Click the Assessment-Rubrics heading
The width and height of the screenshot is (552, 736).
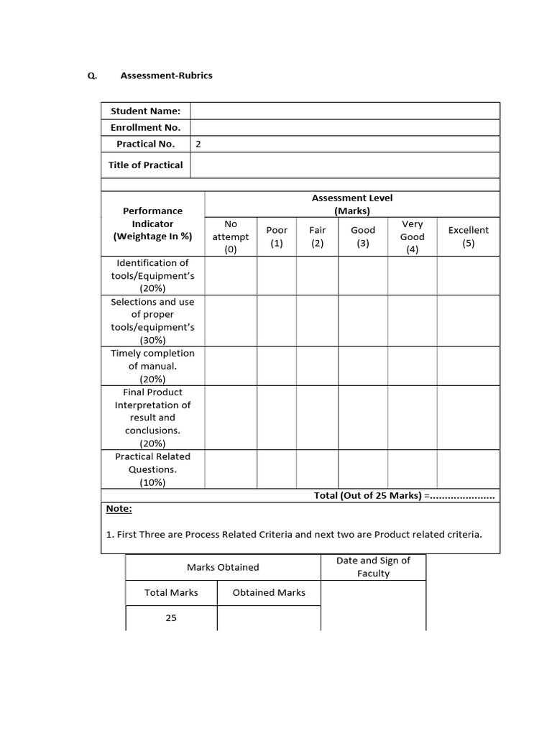(166, 75)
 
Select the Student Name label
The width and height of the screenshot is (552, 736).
(145, 111)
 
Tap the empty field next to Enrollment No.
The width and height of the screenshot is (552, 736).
(345, 127)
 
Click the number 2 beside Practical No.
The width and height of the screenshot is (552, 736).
(198, 144)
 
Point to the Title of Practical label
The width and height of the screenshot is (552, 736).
(145, 165)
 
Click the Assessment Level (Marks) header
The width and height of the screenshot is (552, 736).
(352, 204)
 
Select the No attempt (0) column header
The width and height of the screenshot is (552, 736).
(231, 236)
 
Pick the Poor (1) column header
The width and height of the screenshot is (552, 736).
(277, 236)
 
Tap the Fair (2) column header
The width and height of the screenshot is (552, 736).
(318, 236)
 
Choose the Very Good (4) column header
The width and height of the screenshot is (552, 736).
(413, 236)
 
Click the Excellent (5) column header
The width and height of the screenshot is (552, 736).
(468, 236)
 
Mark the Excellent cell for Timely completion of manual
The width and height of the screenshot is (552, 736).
(468, 366)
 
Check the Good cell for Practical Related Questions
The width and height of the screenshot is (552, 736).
(363, 469)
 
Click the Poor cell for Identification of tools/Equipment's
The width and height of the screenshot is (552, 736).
(277, 275)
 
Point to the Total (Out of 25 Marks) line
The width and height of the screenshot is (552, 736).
(405, 496)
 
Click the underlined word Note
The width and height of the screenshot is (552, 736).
(119, 509)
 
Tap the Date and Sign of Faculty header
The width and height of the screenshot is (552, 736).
(373, 567)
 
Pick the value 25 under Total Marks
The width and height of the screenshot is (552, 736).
(171, 617)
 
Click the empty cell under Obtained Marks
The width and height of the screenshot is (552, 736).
(269, 617)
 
